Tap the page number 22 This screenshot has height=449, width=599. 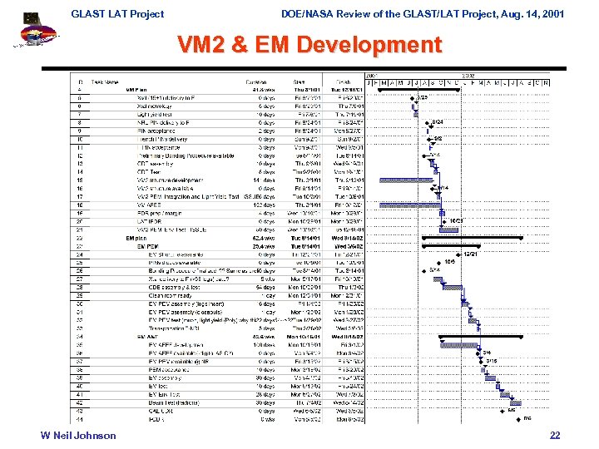pyautogui.click(x=555, y=436)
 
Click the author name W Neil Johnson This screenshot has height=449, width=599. pyautogui.click(x=79, y=436)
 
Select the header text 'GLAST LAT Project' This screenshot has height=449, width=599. pyautogui.click(x=117, y=13)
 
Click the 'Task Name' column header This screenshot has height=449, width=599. pyautogui.click(x=105, y=82)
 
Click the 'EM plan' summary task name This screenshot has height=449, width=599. pyautogui.click(x=136, y=238)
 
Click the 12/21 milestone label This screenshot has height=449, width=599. pyautogui.click(x=470, y=254)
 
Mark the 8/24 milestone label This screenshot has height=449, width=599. pyautogui.click(x=438, y=122)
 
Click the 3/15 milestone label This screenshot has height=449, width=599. pyautogui.click(x=491, y=360)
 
